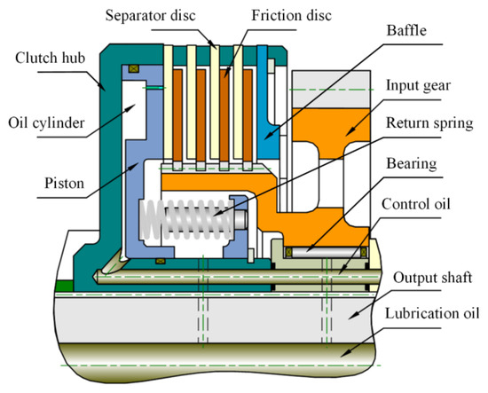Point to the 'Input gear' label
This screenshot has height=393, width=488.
pos(420,85)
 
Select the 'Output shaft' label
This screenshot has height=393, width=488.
pos(430,278)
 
